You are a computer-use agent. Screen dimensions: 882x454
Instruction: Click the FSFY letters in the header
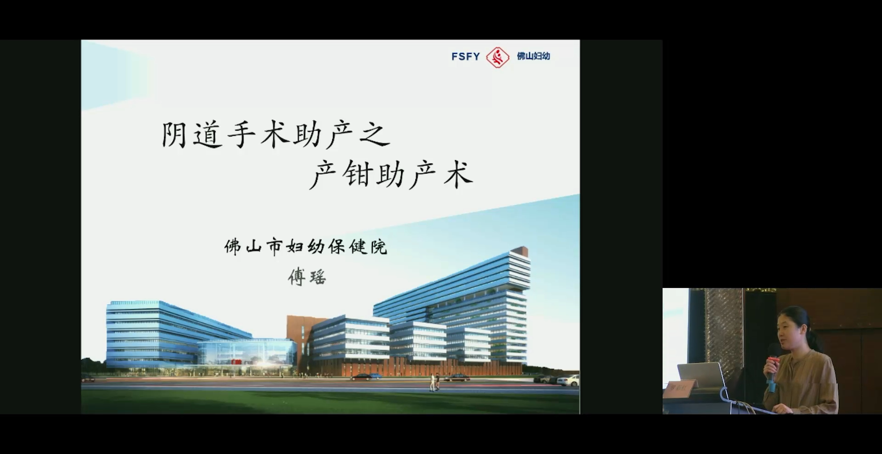pyautogui.click(x=466, y=56)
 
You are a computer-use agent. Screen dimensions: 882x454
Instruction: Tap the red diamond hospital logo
pyautogui.click(x=498, y=57)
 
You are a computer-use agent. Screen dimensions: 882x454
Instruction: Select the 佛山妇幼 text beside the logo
pyautogui.click(x=533, y=56)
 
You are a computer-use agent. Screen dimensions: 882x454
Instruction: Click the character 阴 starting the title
pyautogui.click(x=174, y=135)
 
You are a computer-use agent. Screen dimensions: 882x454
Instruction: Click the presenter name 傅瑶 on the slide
pyautogui.click(x=307, y=277)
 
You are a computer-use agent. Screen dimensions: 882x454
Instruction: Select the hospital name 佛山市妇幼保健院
pyautogui.click(x=306, y=247)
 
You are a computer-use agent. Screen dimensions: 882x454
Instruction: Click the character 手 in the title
pyautogui.click(x=242, y=135)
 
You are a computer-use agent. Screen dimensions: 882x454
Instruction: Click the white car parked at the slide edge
pyautogui.click(x=568, y=380)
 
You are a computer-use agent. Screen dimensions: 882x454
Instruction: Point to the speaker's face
pyautogui.click(x=786, y=332)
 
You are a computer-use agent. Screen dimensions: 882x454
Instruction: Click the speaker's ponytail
pyautogui.click(x=813, y=332)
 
